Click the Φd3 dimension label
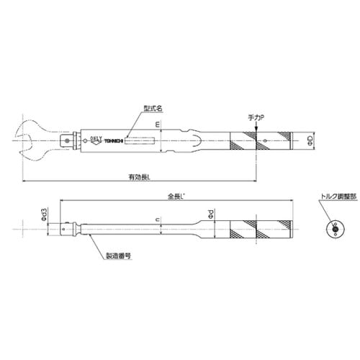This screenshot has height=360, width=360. coord(45,215)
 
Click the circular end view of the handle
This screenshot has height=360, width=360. coord(333,230)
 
